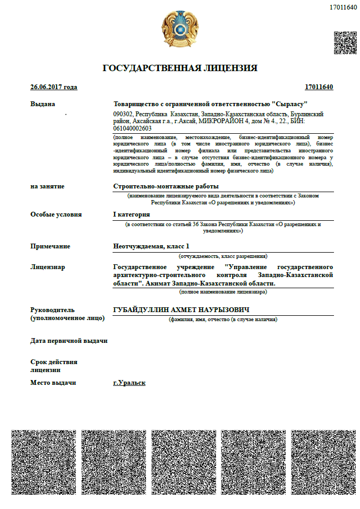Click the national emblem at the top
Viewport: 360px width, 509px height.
point(180,30)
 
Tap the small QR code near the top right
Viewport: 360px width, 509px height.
point(344,42)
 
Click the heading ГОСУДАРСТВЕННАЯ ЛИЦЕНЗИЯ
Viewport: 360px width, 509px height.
point(180,68)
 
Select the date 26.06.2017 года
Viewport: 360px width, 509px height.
point(54,87)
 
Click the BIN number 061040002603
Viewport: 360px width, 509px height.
point(132,128)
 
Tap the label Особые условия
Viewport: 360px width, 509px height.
point(56,214)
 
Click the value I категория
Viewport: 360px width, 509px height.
point(132,214)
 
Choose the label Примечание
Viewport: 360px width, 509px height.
point(50,246)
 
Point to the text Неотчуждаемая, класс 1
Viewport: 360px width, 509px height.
point(151,246)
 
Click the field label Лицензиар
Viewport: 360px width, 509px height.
point(48,266)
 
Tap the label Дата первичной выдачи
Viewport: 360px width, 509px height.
point(69,340)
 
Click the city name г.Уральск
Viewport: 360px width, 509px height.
point(129,383)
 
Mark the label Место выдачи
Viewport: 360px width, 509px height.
point(53,383)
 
